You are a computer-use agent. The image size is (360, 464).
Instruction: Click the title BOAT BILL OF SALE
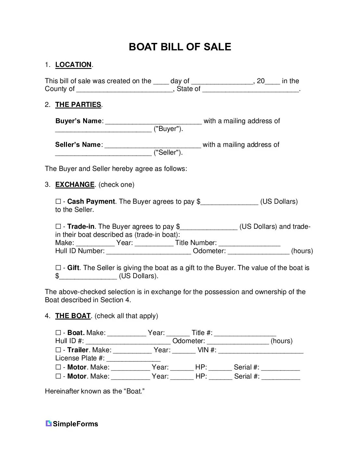pos(180,47)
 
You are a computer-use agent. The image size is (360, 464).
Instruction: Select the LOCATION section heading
pos(73,65)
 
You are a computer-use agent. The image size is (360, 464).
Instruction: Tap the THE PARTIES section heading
pos(78,105)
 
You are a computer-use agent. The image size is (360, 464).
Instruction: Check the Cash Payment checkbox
pos(58,202)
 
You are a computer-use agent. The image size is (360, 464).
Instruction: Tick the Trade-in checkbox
pos(58,226)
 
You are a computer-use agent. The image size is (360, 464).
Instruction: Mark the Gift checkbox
pos(58,268)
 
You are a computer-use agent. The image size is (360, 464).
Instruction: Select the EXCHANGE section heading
pos(75,185)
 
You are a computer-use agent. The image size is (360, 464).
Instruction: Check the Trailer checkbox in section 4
pos(58,350)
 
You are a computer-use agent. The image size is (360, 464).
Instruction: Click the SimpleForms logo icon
pos(49,423)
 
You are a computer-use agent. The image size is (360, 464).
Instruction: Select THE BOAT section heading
pos(73,316)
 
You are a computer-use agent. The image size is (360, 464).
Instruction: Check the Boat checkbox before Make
pos(58,333)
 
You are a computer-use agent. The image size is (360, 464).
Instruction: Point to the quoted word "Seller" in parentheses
pos(168,153)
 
